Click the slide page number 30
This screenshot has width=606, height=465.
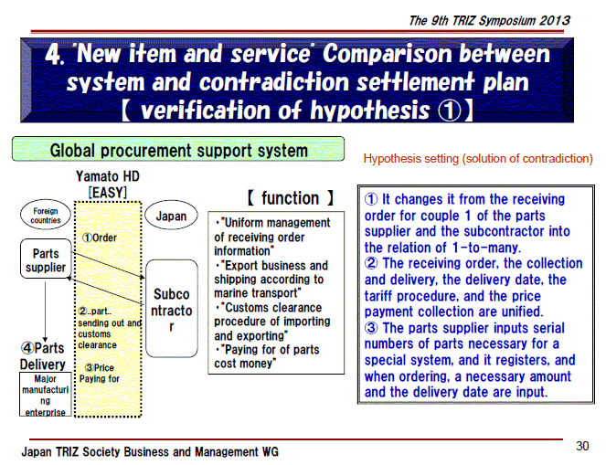[x=582, y=446]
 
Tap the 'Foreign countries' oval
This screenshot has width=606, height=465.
[x=46, y=216]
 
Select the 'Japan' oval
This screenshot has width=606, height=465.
[x=171, y=216]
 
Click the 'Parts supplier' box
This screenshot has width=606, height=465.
[x=46, y=259]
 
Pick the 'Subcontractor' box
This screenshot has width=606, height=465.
[x=172, y=308]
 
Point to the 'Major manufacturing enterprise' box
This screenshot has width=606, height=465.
[x=45, y=395]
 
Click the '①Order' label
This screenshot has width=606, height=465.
[x=99, y=238]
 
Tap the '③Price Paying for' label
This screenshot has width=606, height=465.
[x=100, y=373]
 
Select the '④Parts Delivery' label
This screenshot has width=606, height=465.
[x=43, y=355]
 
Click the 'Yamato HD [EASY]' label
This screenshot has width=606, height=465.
[x=108, y=184]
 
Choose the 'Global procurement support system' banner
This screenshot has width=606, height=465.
[x=178, y=149]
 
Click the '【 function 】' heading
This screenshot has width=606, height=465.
[x=290, y=197]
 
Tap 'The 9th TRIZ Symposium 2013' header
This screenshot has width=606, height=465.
[x=489, y=20]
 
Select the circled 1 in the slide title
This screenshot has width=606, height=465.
[x=450, y=111]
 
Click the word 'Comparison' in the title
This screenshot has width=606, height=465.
[x=388, y=53]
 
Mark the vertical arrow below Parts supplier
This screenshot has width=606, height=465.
[x=45, y=312]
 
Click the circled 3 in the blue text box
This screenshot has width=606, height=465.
[x=371, y=328]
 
